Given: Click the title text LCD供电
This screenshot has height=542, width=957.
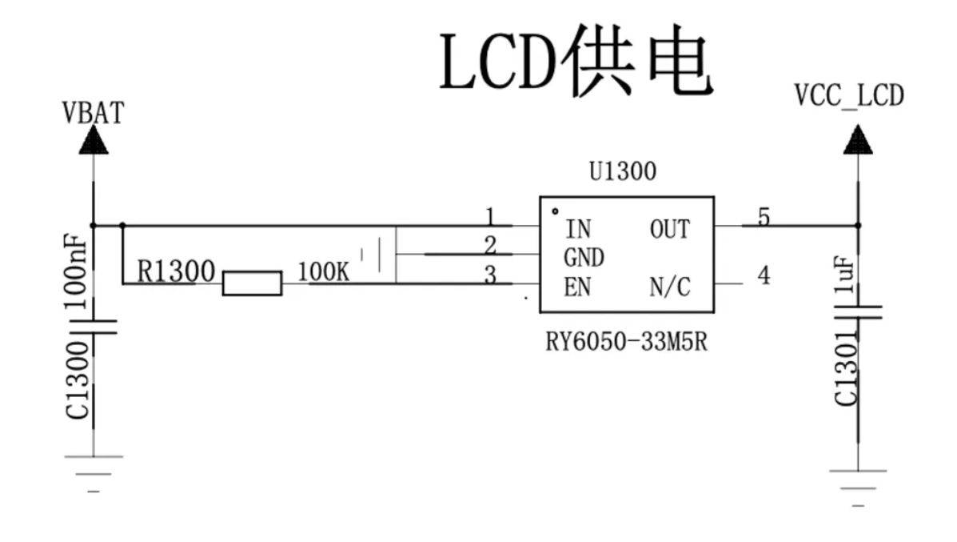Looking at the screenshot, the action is coord(576,61).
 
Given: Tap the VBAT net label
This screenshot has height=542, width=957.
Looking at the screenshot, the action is coord(93,113).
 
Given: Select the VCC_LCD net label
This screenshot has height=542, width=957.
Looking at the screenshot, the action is coord(849,95).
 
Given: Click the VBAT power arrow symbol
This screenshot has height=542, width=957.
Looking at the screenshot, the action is coord(94,140).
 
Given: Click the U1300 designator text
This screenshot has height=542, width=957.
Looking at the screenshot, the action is coord(623,171).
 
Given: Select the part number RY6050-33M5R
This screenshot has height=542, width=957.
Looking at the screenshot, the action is coord(626,342).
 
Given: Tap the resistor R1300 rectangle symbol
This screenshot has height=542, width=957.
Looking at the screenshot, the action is coord(252,283).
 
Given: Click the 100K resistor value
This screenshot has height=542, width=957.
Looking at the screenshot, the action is coord(324,272).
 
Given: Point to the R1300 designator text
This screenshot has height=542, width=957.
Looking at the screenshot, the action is coord(176,271).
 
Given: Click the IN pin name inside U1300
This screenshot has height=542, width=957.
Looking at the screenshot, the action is coord(578,230).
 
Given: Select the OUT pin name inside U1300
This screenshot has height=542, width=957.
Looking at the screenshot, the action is coord(669,230).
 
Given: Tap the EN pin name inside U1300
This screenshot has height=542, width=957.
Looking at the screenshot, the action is coord(577,287).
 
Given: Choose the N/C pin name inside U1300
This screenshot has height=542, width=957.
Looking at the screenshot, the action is coord(669,287).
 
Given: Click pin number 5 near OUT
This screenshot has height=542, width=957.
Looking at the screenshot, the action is coord(764,217).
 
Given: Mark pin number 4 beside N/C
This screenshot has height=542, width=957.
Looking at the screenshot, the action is coord(764,275).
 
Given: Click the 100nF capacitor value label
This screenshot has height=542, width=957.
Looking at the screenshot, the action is coord(76,271).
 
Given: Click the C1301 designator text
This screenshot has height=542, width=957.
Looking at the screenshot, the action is coord(846,369).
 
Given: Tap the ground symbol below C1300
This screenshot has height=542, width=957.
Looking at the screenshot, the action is coord(94,474).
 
